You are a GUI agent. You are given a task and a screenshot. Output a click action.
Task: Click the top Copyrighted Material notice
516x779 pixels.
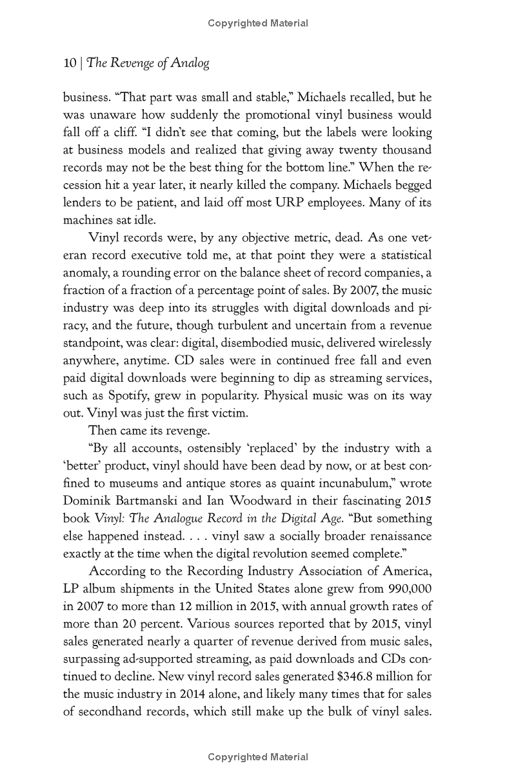coord(258,24)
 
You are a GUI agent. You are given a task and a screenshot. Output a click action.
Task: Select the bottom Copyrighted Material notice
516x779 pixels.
coord(258,757)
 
